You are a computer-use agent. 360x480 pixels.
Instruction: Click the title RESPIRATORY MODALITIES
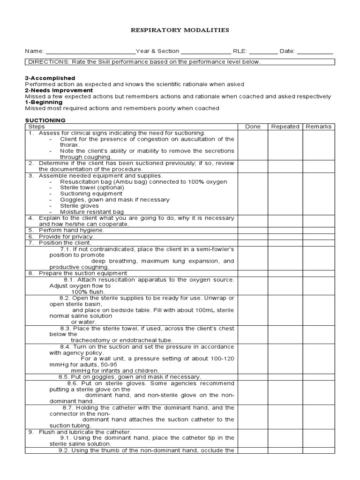point(180,30)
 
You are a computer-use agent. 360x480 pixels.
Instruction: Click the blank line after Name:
point(90,52)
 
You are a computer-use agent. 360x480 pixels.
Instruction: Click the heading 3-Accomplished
point(50,78)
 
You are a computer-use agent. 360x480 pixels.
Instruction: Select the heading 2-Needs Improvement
point(59,90)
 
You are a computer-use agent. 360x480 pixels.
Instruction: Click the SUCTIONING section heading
point(45,120)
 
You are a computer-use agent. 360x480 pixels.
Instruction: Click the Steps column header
point(37,127)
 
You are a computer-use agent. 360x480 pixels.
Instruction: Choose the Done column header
point(253,127)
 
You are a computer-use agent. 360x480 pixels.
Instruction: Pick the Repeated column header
point(285,127)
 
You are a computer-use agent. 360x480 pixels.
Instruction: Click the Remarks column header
point(318,127)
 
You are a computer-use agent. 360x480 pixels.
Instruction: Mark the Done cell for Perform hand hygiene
point(253,231)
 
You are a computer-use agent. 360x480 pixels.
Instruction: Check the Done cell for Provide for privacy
point(253,237)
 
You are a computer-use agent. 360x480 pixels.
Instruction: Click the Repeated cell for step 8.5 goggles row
point(285,377)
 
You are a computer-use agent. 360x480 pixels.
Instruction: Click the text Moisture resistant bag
point(92,212)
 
